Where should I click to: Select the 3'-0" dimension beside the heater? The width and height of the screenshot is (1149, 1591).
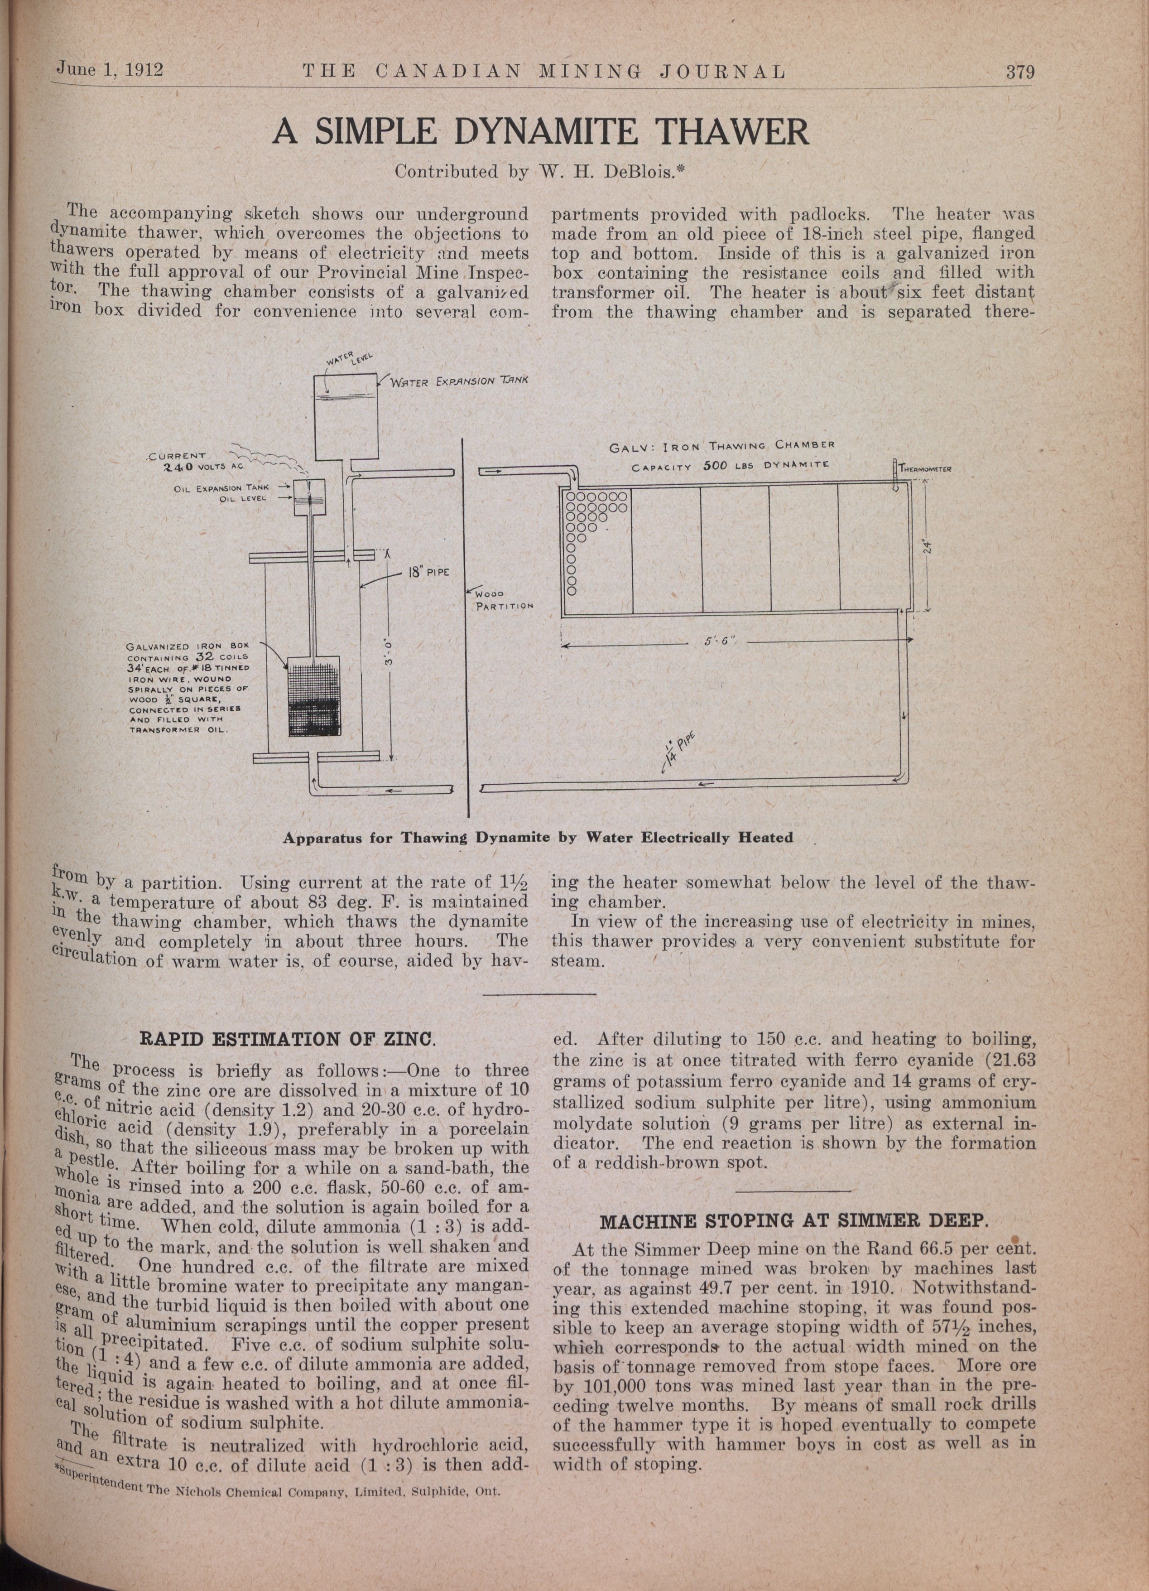pos(390,652)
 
